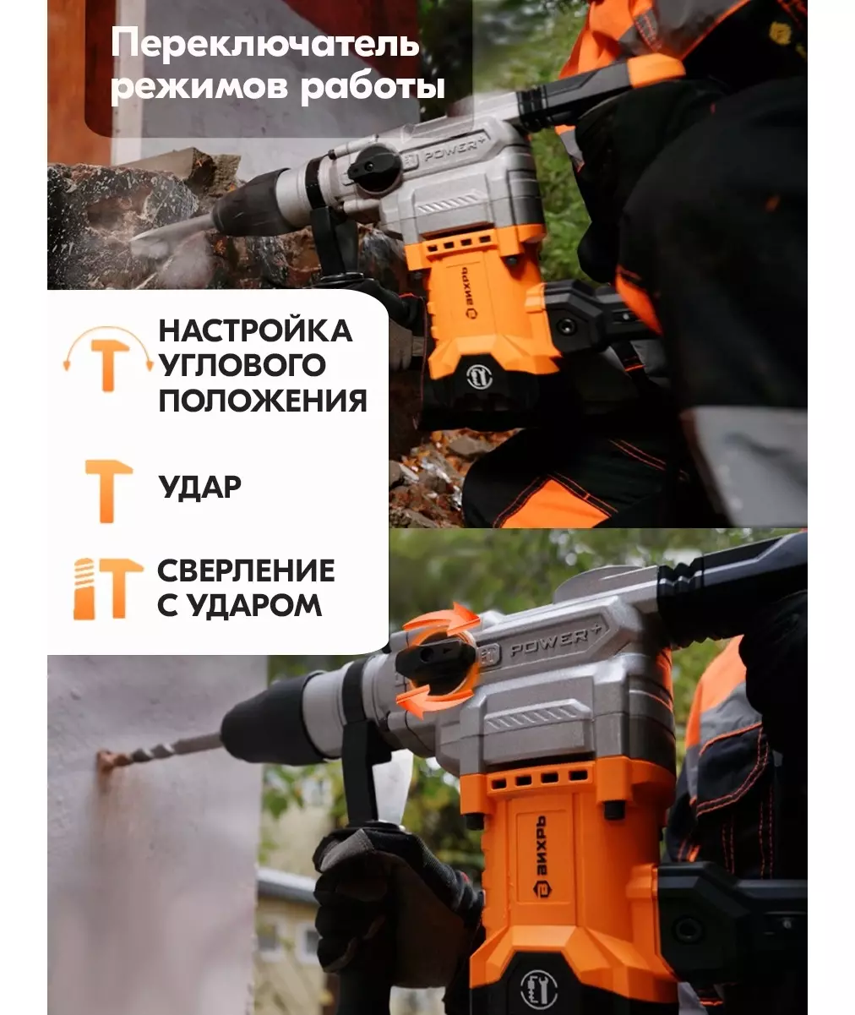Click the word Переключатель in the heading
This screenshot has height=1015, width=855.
pos(265,44)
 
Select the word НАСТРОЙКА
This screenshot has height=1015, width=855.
pos(255,330)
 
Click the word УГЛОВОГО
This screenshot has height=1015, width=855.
pos(242,364)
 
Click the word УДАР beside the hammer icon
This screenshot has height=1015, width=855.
pos(199,487)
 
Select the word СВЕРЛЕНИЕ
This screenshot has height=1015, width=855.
pos(246,570)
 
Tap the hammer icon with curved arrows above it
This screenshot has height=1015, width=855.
pos(108,358)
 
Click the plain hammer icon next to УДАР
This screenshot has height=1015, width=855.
pos(108,490)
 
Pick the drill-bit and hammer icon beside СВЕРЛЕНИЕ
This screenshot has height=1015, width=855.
pos(108,588)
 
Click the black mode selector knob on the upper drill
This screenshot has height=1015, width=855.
pos(374,168)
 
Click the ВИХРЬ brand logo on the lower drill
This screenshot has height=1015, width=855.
pos(540,856)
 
